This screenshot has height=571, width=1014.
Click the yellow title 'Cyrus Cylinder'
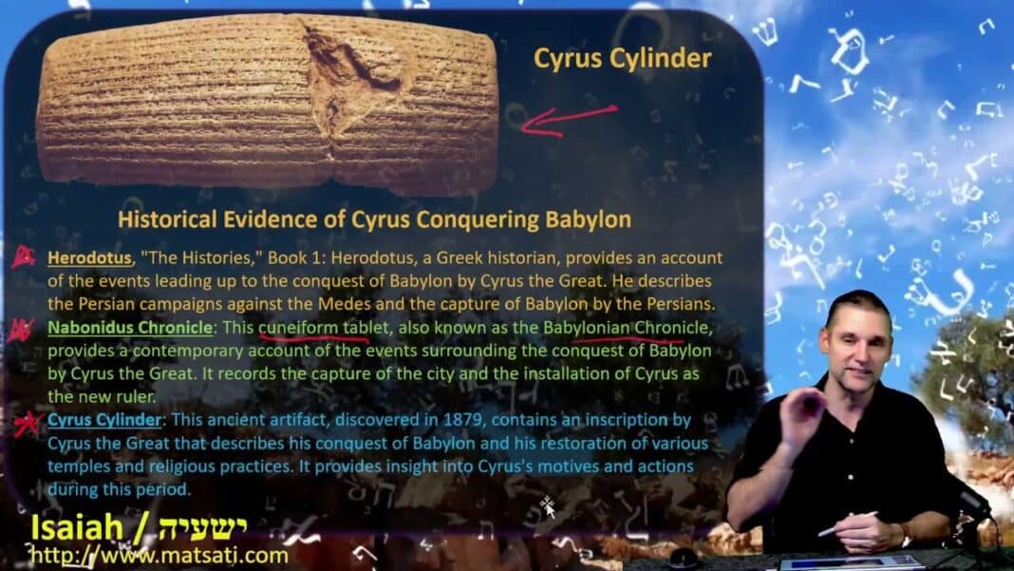click(x=622, y=59)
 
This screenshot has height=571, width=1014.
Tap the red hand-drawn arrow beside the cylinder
click(x=568, y=121)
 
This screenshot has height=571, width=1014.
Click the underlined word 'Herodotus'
click(x=89, y=257)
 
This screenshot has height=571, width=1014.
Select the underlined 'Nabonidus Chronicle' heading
click(x=130, y=328)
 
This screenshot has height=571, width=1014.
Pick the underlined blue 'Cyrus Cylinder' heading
click(x=104, y=420)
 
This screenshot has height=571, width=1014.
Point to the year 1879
click(x=462, y=420)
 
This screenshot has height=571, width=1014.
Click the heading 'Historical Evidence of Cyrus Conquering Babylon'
click(x=374, y=219)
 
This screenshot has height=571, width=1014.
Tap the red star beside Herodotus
click(x=24, y=257)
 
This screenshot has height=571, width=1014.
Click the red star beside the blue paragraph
click(x=28, y=425)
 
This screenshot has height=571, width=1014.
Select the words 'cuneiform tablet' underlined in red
click(x=325, y=328)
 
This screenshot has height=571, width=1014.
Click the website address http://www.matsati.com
click(x=160, y=556)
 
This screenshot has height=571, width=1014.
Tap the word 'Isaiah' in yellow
click(x=77, y=527)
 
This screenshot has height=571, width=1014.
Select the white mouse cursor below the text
click(x=548, y=507)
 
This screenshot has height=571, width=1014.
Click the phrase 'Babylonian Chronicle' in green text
click(x=626, y=328)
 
